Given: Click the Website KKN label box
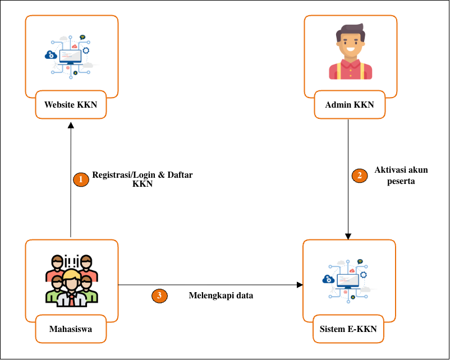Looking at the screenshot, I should tap(71, 104).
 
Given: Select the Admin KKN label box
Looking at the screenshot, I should tap(349, 104).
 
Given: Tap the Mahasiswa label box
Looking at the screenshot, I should tap(71, 329).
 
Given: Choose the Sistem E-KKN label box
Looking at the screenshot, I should tap(348, 329).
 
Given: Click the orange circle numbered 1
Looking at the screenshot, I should tap(81, 179).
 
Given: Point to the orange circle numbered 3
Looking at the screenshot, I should tap(160, 296).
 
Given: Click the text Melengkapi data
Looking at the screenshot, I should tap(221, 296).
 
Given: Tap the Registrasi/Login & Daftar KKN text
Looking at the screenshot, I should tap(143, 179).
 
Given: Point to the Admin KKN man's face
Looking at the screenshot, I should tap(350, 45).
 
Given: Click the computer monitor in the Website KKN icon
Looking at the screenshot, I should tap(71, 57).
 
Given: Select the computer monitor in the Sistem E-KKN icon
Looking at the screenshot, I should tap(348, 278).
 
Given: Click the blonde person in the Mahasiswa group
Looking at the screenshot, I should tap(71, 280).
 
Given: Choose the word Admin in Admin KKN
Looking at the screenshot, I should tap(338, 104).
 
